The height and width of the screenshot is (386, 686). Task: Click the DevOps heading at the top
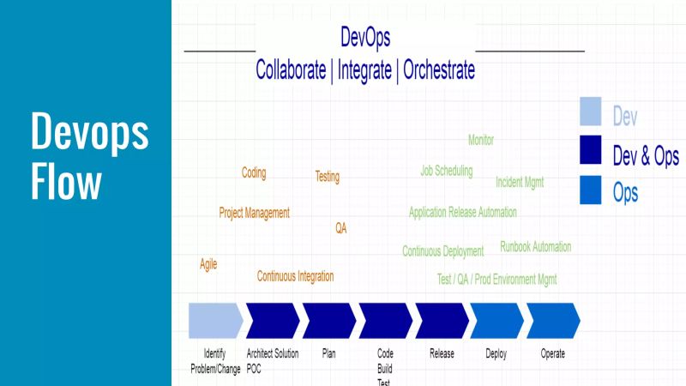[x=365, y=38]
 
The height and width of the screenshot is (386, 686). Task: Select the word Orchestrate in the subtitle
[x=438, y=69]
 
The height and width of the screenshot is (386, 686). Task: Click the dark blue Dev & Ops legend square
[x=591, y=151]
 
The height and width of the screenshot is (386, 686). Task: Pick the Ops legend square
[x=591, y=190]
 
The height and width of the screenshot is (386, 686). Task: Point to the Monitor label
[x=481, y=140]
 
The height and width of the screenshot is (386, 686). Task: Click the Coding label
[x=254, y=173]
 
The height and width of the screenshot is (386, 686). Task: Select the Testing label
[x=328, y=177]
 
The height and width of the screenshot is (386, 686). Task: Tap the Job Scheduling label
[x=446, y=171]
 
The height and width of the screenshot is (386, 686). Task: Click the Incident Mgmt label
[x=520, y=182]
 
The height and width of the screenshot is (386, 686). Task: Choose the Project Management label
[x=255, y=213]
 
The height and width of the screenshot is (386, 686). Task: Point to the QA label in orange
[x=341, y=228]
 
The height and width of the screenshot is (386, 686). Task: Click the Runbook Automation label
[x=535, y=247]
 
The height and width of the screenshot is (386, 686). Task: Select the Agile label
[x=208, y=264]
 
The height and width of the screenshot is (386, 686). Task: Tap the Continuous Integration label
[x=296, y=276]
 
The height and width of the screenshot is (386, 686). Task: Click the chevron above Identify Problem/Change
[x=214, y=320]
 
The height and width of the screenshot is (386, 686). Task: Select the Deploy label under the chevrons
[x=496, y=353]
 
